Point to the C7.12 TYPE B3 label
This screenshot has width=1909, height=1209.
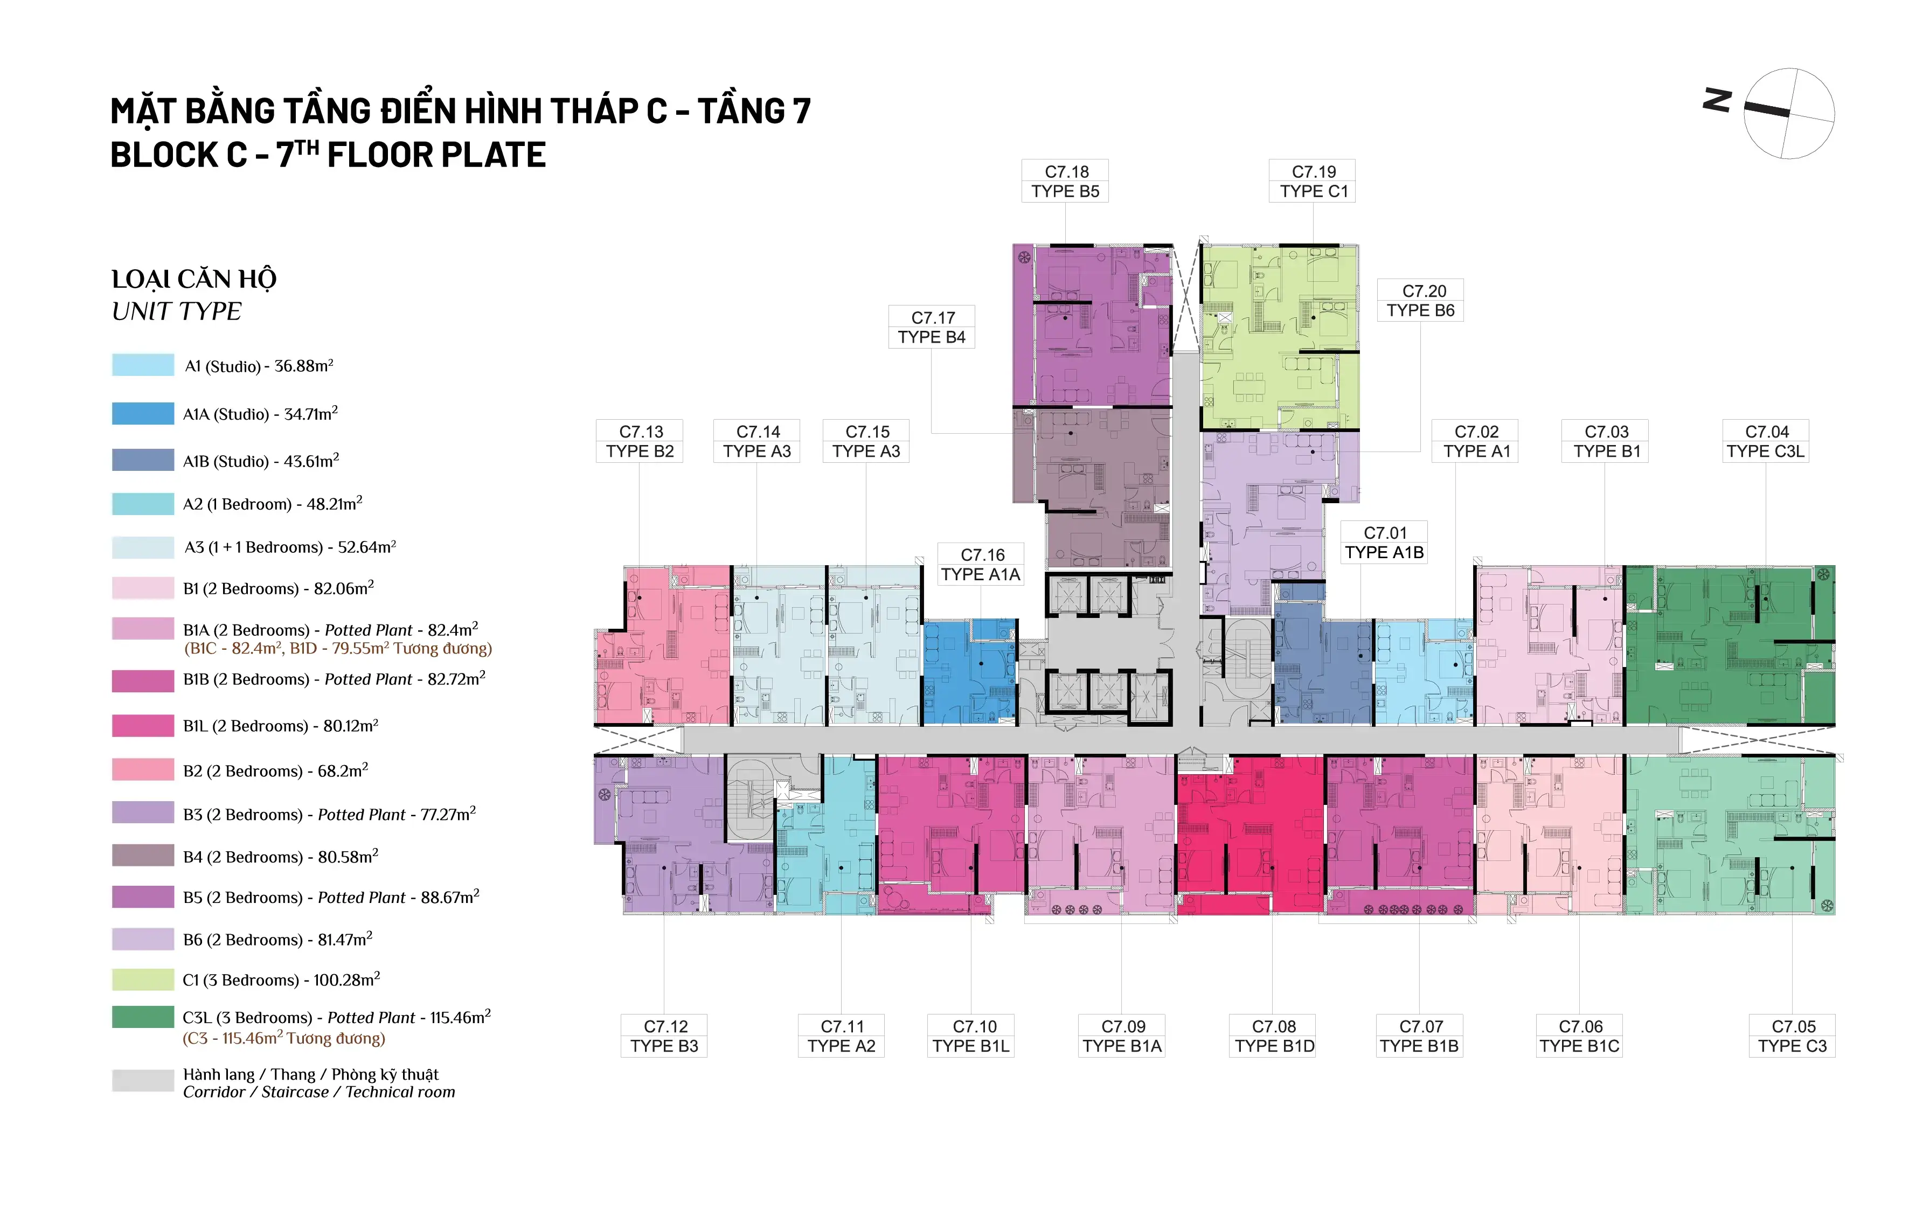click(664, 1036)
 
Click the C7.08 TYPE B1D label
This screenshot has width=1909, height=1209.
click(1274, 1036)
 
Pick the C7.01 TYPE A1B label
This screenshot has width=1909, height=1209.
click(1384, 542)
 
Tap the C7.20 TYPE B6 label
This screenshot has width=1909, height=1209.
click(1421, 301)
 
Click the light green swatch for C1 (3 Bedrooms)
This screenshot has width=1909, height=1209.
click(143, 980)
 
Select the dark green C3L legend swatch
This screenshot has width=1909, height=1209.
click(143, 1017)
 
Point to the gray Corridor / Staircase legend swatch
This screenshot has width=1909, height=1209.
click(143, 1081)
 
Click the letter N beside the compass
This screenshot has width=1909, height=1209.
click(1717, 101)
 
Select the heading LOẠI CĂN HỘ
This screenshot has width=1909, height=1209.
click(194, 279)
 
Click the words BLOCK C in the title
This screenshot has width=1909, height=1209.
click(178, 155)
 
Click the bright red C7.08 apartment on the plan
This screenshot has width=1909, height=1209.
click(1250, 835)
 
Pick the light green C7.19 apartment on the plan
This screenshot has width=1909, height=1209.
click(1280, 337)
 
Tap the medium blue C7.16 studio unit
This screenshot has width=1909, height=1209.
click(969, 672)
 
